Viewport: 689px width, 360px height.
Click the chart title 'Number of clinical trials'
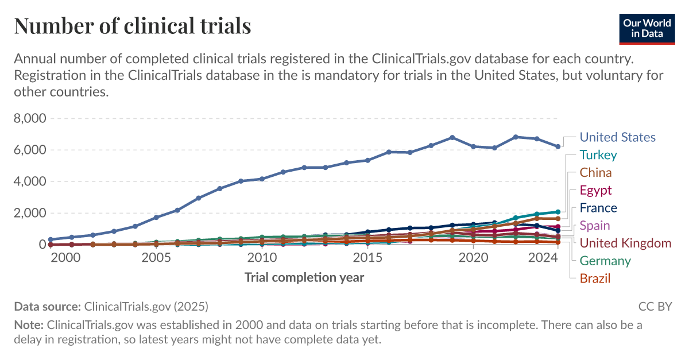(x=133, y=26)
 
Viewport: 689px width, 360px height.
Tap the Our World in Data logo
(x=647, y=27)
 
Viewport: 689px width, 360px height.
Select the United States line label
(x=617, y=137)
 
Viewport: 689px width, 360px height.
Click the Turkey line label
(x=598, y=155)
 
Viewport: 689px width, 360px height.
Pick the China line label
(x=595, y=173)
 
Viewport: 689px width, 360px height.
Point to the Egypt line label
(x=595, y=191)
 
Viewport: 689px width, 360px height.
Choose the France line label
(x=598, y=208)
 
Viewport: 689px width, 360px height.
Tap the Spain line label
(x=595, y=226)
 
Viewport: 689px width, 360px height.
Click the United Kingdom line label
(x=625, y=243)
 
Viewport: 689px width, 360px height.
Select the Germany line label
(x=605, y=261)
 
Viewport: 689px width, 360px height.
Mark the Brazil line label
(x=595, y=279)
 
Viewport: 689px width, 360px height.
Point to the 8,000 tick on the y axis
(x=30, y=119)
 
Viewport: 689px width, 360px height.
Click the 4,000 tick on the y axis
(x=30, y=181)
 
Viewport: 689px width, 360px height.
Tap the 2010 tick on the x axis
(x=262, y=258)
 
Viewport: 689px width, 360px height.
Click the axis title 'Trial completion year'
(x=304, y=278)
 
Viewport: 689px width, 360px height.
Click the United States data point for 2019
(x=452, y=138)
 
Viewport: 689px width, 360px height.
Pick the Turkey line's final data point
(x=558, y=212)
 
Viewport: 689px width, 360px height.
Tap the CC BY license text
(x=655, y=306)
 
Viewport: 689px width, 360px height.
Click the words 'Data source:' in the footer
(x=48, y=306)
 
